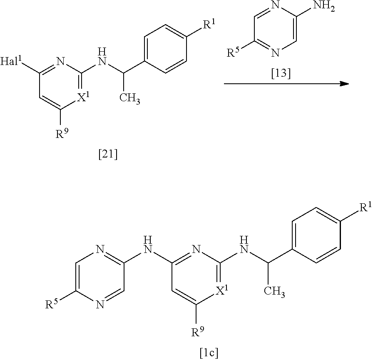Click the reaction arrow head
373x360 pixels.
point(343,83)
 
